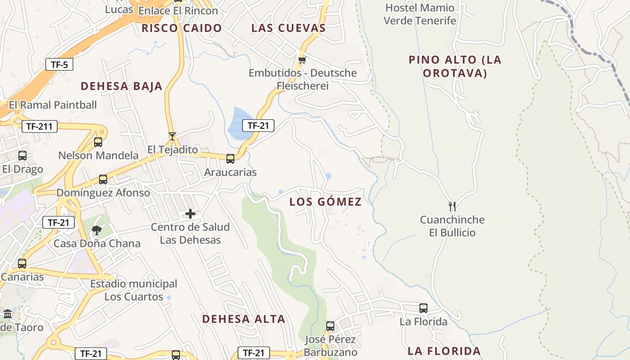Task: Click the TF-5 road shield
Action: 59,64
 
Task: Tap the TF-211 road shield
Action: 40,126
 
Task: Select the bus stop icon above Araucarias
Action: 230,158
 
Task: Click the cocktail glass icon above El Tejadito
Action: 172,136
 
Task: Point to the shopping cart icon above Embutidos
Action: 302,60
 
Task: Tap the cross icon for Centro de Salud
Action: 190,214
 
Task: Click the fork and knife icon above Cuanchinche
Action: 452,207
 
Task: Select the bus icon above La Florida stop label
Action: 423,308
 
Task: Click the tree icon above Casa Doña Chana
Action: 96,230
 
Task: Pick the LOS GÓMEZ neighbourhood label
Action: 325,202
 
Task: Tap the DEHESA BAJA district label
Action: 121,86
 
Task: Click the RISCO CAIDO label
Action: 182,28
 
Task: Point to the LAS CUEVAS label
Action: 288,28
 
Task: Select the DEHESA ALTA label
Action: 243,319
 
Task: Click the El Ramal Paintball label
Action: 53,105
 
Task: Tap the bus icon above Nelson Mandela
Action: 98,142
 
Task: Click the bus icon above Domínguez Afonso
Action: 103,180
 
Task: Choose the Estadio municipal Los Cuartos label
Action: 134,290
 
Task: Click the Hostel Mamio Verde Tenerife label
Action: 420,14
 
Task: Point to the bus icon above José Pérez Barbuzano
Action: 330,326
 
